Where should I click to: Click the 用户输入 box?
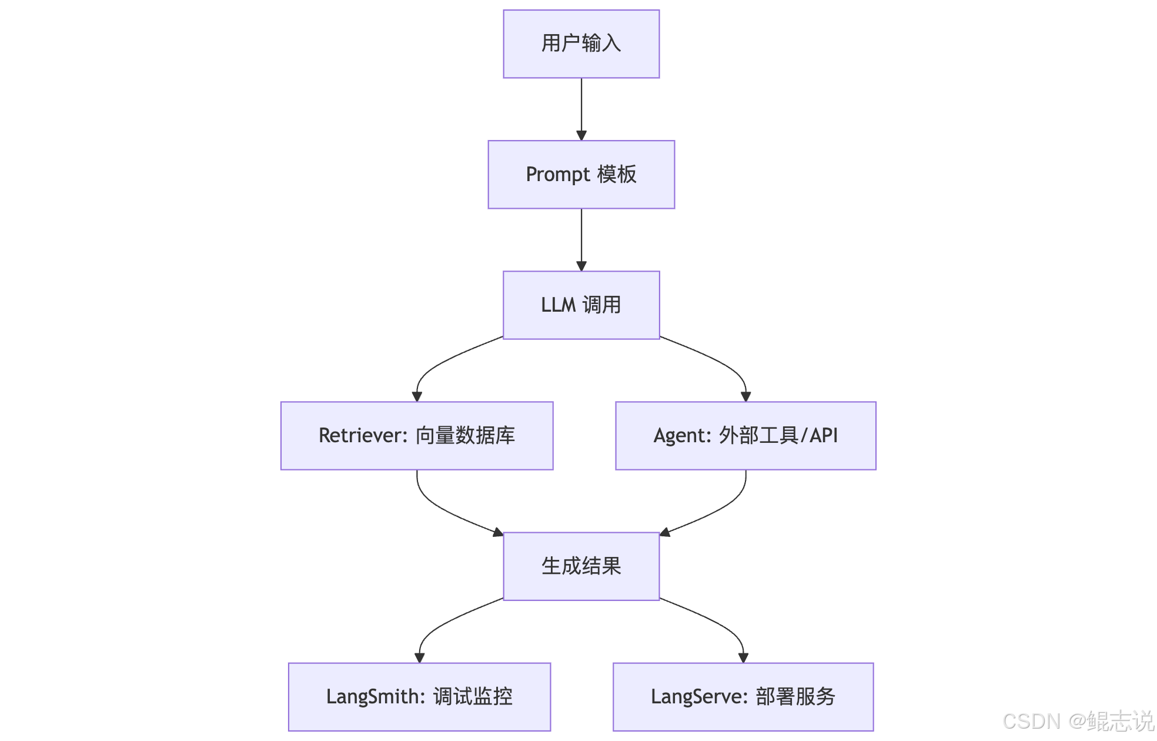pos(581,44)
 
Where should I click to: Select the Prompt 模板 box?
pos(581,175)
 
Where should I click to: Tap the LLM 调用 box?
pos(581,305)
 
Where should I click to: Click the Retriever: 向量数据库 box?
pos(417,436)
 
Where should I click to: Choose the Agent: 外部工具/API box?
pos(745,436)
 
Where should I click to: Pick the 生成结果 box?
pos(581,566)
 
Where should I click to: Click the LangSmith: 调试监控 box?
pos(419,697)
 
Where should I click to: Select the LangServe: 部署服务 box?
pos(743,697)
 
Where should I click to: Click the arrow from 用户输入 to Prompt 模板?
pos(581,109)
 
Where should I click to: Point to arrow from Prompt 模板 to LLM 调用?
pos(581,239)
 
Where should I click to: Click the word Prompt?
pos(557,175)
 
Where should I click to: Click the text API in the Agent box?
pos(824,436)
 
